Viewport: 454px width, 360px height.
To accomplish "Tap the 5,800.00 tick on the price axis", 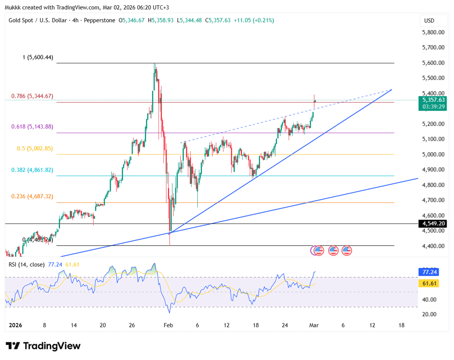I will [433, 32].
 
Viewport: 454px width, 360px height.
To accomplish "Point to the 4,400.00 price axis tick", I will [433, 246].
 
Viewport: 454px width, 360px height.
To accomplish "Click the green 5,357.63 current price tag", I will [433, 100].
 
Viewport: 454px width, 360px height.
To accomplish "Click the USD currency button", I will [429, 20].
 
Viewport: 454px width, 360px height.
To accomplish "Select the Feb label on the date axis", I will [168, 325].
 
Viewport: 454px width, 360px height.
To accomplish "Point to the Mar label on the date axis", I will [313, 325].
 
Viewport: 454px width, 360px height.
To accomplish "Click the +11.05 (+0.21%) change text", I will [254, 20].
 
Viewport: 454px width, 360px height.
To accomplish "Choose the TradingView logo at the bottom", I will [43, 346].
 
